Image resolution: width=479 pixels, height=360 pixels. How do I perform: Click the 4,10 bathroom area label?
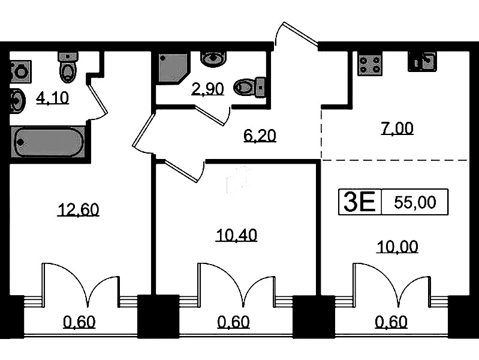click(x=53, y=98)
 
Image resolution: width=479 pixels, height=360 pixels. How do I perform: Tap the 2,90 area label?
click(x=208, y=89)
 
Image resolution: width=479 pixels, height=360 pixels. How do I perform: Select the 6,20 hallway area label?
click(x=260, y=136)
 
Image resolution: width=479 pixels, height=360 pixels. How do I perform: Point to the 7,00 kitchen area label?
click(x=397, y=128)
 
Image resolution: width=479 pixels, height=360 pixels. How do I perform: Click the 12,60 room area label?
click(x=78, y=210)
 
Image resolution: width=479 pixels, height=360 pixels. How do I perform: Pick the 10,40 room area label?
click(x=236, y=235)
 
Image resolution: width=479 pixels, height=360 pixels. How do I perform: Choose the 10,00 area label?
click(x=397, y=247)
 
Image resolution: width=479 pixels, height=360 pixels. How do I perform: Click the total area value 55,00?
click(x=415, y=202)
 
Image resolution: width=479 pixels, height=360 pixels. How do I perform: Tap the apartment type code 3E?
click(x=360, y=202)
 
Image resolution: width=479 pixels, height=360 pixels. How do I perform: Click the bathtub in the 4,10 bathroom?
click(x=47, y=142)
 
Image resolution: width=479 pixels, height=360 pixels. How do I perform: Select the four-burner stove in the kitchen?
click(x=370, y=65)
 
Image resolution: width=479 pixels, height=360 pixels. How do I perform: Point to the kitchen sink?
click(x=423, y=61)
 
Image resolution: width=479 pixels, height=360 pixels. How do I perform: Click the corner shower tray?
click(x=173, y=68)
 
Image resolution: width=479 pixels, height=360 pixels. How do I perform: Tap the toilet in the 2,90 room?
click(x=249, y=87)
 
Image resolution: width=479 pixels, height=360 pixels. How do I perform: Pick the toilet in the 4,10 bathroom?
click(x=68, y=68)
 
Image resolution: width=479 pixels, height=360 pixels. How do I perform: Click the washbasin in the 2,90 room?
click(x=213, y=59)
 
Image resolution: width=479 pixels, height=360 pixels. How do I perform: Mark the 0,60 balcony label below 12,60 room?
click(x=79, y=322)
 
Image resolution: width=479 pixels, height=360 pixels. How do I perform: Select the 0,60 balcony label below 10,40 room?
click(x=234, y=322)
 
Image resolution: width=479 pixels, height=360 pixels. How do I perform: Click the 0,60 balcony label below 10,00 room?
click(x=391, y=322)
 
